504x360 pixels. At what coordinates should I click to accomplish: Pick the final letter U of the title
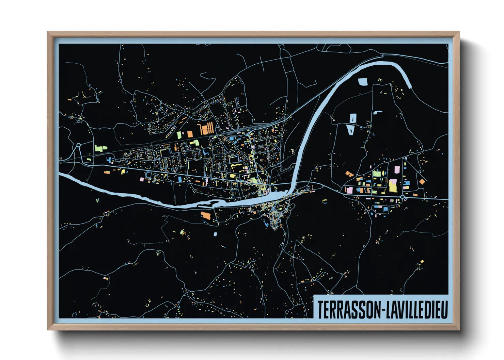pos(444,310)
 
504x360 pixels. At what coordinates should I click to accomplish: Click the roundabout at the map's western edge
pos(79,145)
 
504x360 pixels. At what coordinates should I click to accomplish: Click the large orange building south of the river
pos(206,215)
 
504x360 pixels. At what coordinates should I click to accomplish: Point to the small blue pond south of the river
pos(215,234)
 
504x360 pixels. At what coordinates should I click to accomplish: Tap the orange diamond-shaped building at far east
pos(422,182)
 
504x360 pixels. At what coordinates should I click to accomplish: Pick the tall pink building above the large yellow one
pos(397,170)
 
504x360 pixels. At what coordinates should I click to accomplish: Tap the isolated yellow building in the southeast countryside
pos(422,262)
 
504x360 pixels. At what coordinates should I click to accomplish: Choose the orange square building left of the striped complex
pos(191,134)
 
